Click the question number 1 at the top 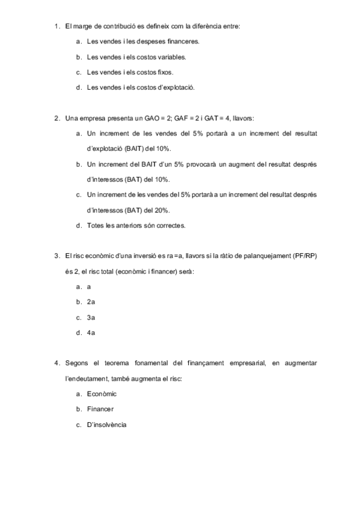point(56,26)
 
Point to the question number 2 point(56,118)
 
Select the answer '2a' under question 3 point(91,302)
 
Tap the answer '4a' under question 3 point(91,333)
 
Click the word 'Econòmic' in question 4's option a point(102,394)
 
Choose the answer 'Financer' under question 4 point(100,410)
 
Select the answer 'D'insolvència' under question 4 point(106,425)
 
